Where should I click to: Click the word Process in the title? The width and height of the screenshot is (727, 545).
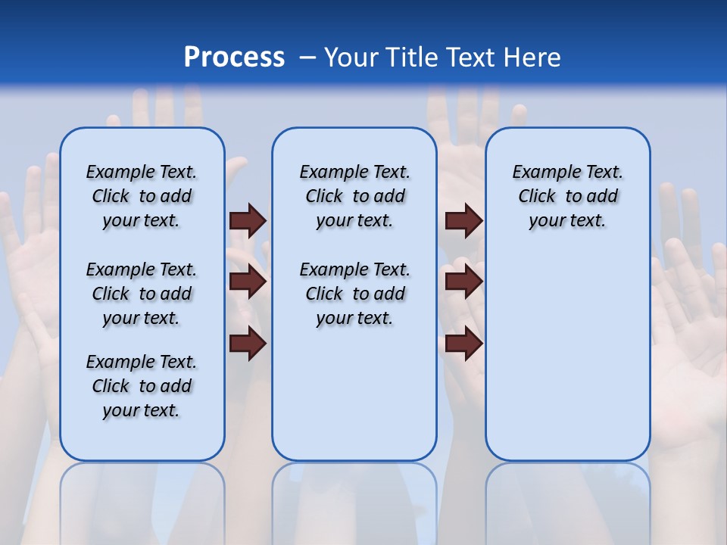pos(234,58)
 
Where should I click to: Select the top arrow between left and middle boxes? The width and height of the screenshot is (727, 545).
pos(248,220)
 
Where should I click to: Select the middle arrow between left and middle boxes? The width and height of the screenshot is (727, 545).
pos(248,282)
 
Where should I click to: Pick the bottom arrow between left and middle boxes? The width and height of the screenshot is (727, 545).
pos(248,344)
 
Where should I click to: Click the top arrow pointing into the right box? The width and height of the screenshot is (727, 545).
pos(463,220)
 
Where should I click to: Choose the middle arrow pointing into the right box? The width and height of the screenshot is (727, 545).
pos(463,282)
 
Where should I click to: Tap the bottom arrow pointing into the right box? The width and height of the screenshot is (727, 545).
pos(463,344)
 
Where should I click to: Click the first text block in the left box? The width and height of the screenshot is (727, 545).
pos(142,196)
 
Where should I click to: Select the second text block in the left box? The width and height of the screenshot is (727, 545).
pos(142,294)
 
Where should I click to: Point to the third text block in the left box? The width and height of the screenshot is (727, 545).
pos(142,386)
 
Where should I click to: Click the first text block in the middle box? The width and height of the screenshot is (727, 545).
pos(355,196)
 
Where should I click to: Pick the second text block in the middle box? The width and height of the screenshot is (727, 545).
pos(355,294)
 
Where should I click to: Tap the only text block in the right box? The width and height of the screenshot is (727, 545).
pos(568,196)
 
